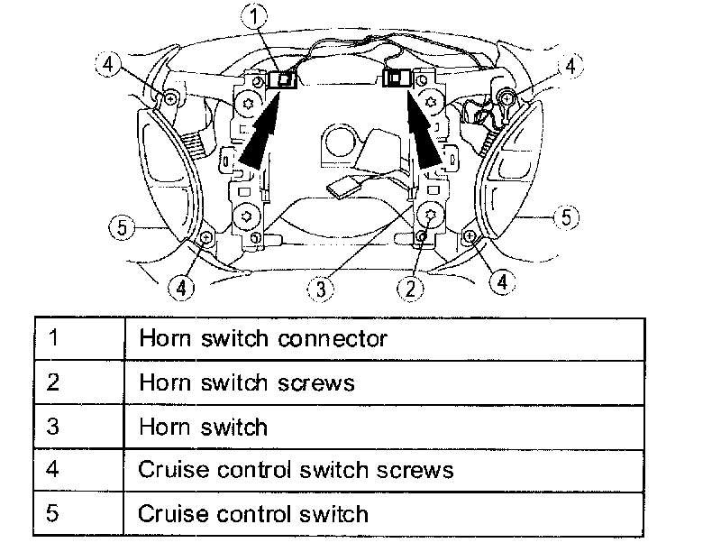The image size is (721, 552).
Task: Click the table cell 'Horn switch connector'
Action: [x=384, y=339]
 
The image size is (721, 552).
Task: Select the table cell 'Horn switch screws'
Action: [x=384, y=382]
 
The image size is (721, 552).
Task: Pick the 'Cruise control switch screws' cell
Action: [x=384, y=470]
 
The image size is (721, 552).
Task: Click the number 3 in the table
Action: [x=53, y=426]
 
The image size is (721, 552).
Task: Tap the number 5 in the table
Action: [x=53, y=513]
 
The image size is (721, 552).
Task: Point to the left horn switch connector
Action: [x=286, y=79]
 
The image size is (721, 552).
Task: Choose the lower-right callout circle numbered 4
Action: [x=503, y=282]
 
